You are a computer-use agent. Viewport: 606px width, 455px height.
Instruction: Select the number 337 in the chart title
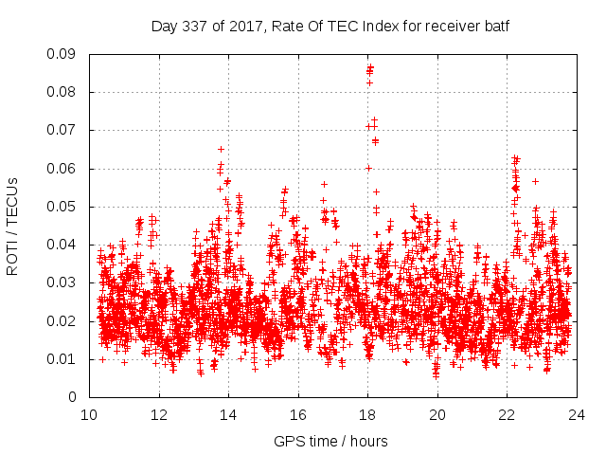(x=195, y=27)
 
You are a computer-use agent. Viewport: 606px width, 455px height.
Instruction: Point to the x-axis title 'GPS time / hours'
(x=330, y=441)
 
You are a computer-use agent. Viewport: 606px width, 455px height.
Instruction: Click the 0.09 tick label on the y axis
(x=62, y=54)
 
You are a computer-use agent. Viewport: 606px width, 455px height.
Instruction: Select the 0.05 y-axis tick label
(x=62, y=207)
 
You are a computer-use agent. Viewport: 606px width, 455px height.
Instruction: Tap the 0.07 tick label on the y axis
(x=62, y=130)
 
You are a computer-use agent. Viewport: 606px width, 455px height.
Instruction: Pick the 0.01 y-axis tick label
(x=62, y=358)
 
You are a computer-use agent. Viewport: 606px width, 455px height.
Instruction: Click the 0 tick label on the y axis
(x=74, y=397)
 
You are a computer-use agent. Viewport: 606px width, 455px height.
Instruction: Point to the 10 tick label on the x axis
(x=89, y=414)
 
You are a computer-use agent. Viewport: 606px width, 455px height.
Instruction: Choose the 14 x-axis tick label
(x=228, y=414)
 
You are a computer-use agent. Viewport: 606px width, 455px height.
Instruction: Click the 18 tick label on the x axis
(x=367, y=414)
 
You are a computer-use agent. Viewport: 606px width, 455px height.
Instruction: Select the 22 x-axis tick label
(x=507, y=414)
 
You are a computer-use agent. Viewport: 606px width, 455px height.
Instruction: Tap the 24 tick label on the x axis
(x=577, y=414)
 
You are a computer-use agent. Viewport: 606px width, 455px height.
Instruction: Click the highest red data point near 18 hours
(x=370, y=67)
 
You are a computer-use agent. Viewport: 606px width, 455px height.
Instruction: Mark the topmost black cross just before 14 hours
(x=221, y=149)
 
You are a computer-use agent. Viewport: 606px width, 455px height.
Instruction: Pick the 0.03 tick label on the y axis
(x=62, y=282)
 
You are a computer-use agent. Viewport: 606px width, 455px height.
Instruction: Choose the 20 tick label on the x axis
(x=437, y=414)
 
